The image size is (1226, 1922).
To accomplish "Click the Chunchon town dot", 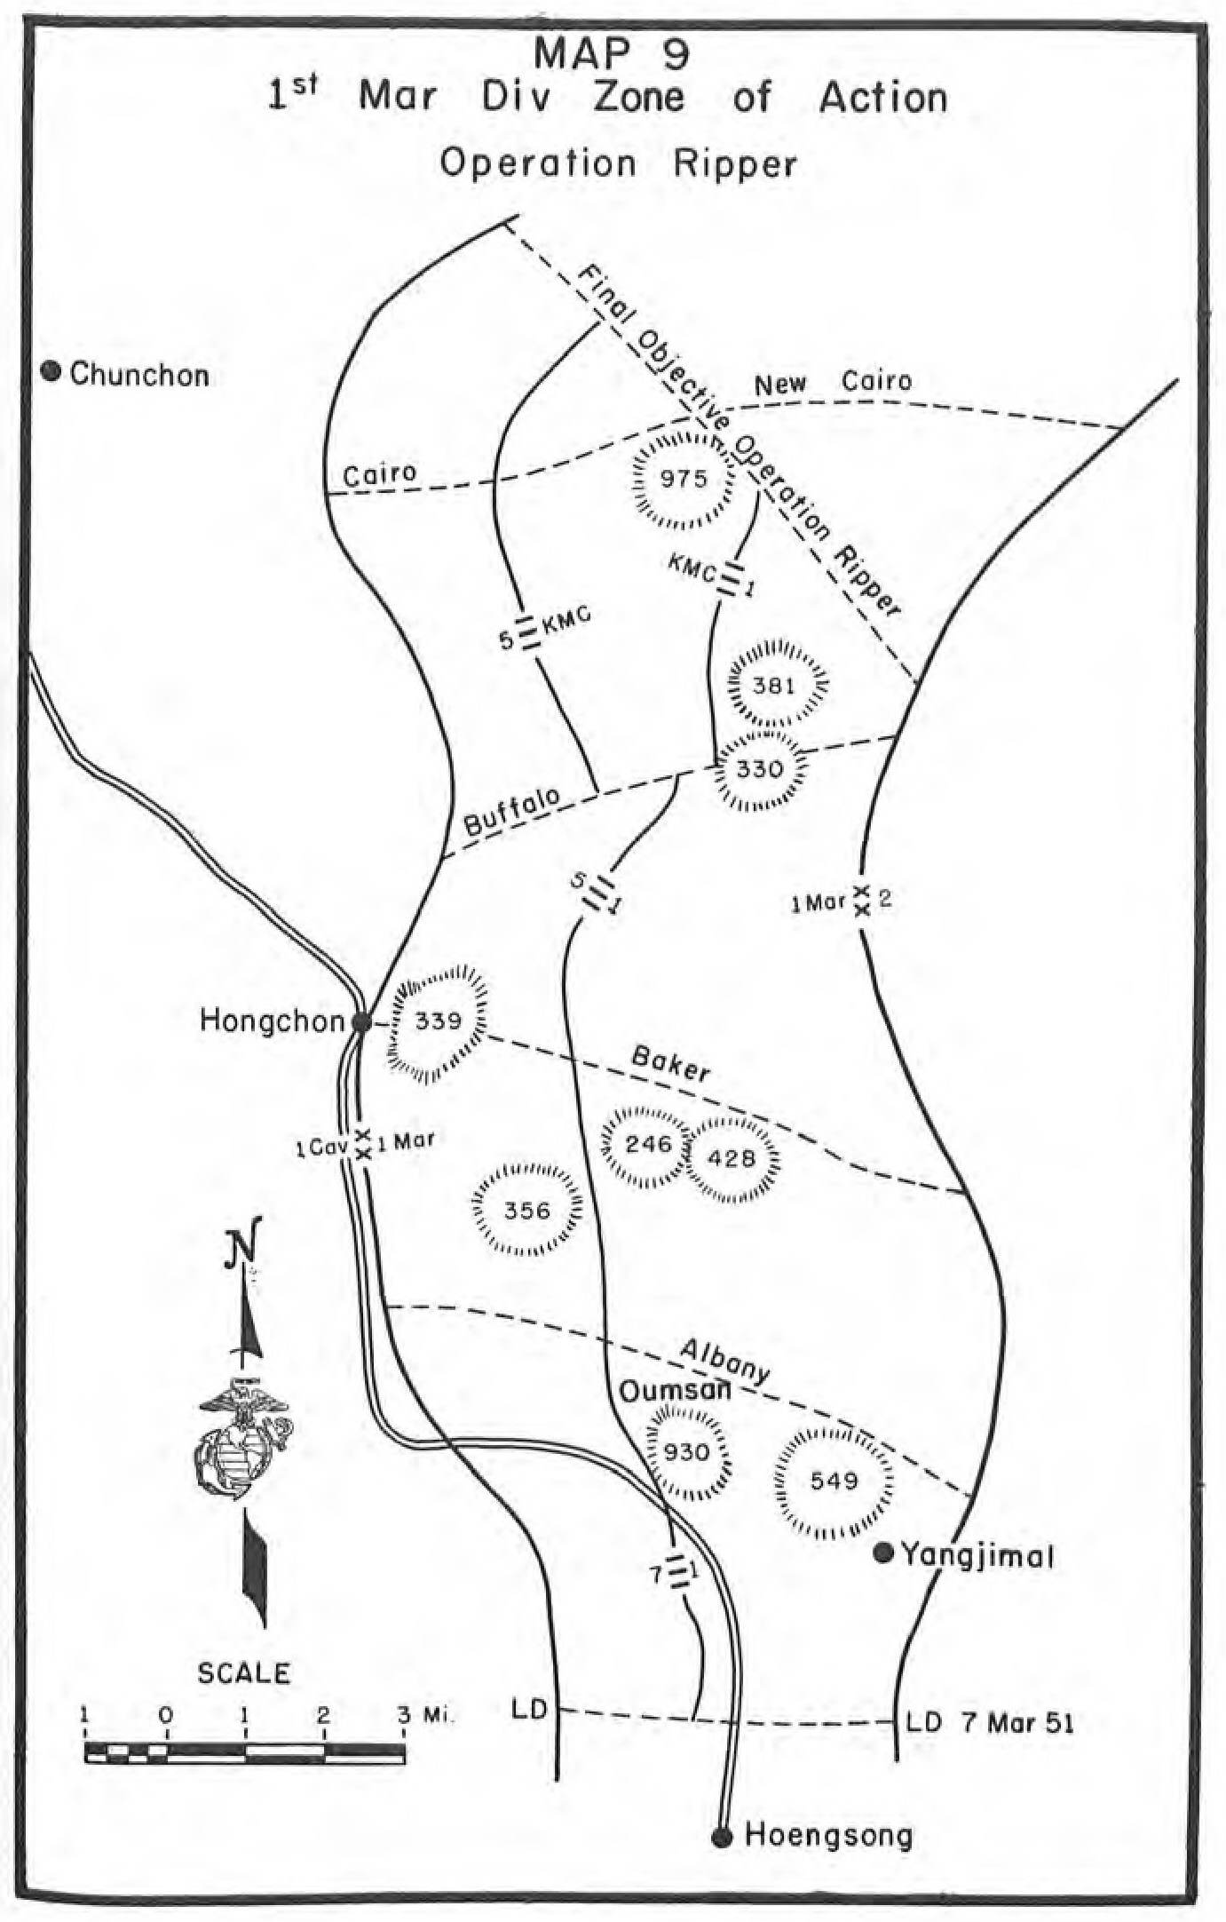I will point(51,372).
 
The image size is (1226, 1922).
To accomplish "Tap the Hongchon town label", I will point(271,1021).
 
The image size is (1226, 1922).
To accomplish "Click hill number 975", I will point(684,480).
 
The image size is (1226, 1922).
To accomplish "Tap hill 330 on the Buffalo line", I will point(760,768).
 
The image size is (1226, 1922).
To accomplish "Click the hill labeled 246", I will point(648,1144).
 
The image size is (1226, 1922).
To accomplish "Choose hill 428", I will point(732,1158).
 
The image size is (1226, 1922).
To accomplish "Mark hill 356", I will point(527,1211).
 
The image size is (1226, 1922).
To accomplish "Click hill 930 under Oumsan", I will point(687,1453).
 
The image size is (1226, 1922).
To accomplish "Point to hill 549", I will point(834,1481).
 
